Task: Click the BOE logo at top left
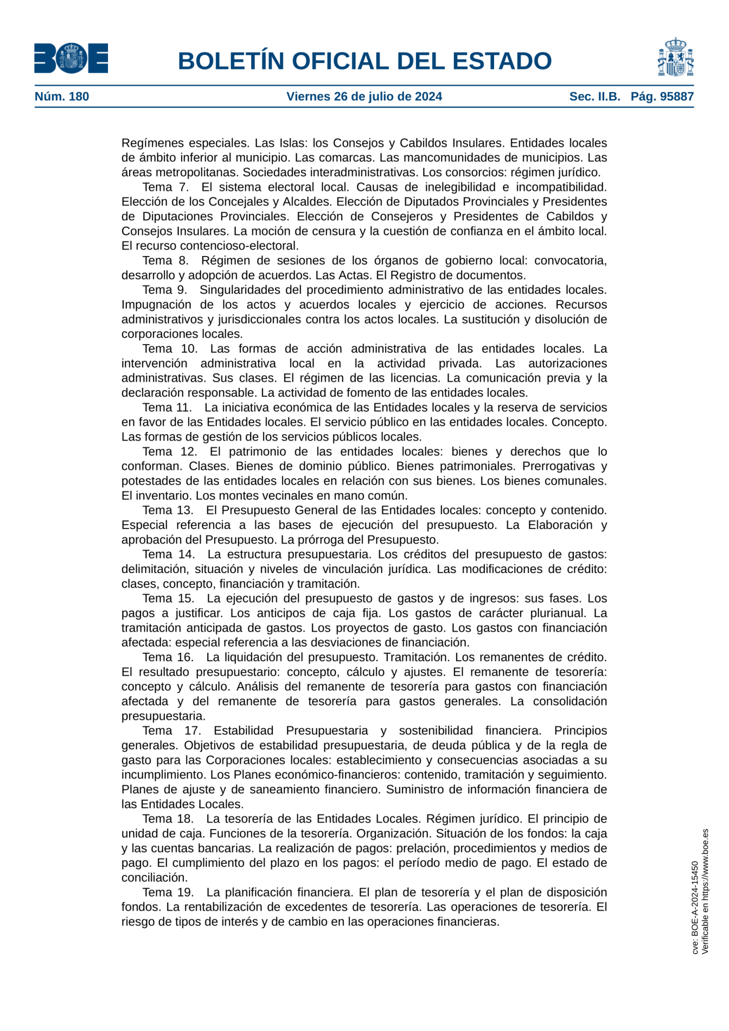coord(71,58)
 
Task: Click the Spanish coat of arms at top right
coord(675,58)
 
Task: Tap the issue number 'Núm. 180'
coord(62,97)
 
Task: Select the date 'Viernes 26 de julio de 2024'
coord(364,97)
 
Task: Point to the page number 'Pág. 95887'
coord(662,97)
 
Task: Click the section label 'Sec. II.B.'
coord(594,97)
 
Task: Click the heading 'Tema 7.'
coord(165,187)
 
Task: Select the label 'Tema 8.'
coord(165,260)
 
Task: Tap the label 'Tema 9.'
coord(165,290)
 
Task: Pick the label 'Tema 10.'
coord(170,348)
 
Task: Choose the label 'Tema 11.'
coord(167,407)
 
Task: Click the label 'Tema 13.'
coord(168,510)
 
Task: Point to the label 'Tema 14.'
coord(169,554)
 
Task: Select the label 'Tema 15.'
coord(168,598)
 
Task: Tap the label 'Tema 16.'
coord(168,657)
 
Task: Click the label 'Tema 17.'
coord(171,730)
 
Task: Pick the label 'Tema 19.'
coord(168,892)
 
